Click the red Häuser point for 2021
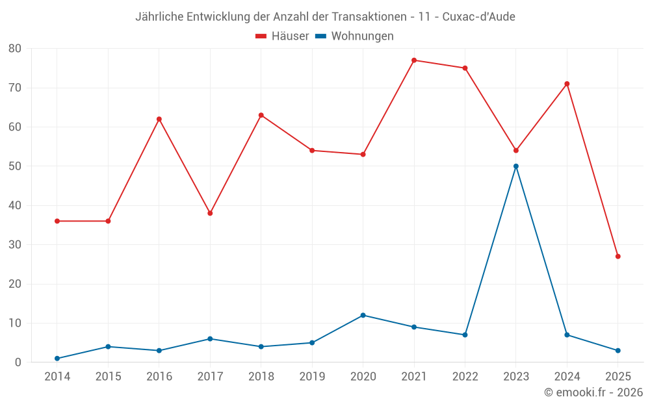coord(414,60)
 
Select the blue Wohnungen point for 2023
coord(516,166)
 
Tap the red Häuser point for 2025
coord(618,257)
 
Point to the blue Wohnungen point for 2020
coord(363,315)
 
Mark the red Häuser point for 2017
coord(210,213)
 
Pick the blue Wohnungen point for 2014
coord(57,359)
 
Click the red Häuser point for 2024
coord(567,84)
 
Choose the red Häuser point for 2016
coord(159,119)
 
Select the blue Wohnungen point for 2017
coord(210,339)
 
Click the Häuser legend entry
coord(282,36)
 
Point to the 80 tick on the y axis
coord(15,48)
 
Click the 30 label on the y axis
coord(15,245)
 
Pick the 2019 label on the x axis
coord(312,377)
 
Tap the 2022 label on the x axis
coord(465,377)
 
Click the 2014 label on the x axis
coord(57,377)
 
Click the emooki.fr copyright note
coord(593,392)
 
